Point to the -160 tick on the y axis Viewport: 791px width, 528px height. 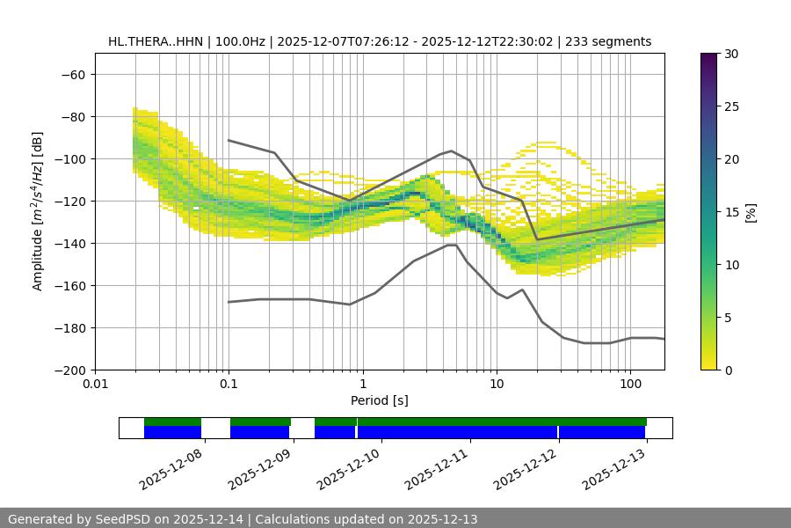(69, 285)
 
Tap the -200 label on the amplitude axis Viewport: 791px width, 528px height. (69, 370)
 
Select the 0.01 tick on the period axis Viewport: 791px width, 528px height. (95, 385)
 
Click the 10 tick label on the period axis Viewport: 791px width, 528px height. (497, 385)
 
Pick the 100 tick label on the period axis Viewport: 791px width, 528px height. (630, 385)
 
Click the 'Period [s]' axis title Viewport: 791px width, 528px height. (379, 400)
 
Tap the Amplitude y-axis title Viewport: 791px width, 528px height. (38, 211)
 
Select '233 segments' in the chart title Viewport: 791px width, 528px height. (608, 41)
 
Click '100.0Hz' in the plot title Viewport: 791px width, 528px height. (239, 41)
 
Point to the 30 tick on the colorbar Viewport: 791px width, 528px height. (730, 54)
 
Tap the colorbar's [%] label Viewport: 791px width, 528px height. (751, 211)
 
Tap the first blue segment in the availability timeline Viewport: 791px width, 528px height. (172, 432)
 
